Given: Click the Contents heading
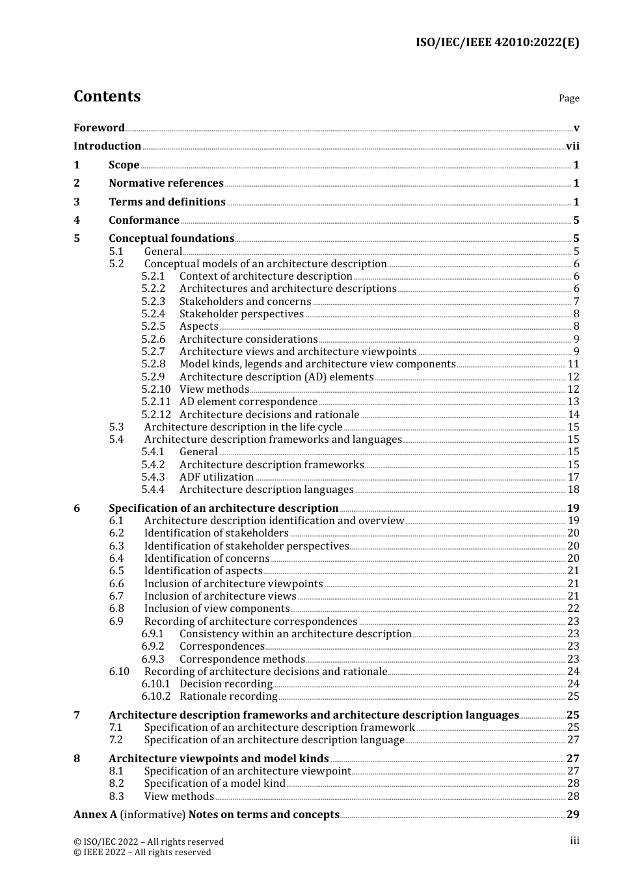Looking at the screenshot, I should (107, 96).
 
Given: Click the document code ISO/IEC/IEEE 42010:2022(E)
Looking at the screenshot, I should (497, 42).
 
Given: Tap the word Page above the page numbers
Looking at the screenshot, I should (569, 98).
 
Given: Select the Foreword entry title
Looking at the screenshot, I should (99, 127).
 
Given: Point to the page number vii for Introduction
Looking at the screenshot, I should (572, 146).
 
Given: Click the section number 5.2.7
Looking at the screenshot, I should (154, 352).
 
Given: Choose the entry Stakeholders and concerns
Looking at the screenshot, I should (245, 302).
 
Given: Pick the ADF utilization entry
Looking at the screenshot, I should (217, 477).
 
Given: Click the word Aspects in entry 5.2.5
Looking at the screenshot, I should (198, 326).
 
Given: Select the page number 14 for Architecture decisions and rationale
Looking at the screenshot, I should (573, 415).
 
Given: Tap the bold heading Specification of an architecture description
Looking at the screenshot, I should (223, 509).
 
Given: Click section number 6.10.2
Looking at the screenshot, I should (156, 696).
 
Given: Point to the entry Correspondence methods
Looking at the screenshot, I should (242, 659).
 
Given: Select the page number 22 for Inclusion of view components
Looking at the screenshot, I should (573, 609).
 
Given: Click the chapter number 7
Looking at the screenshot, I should (77, 715).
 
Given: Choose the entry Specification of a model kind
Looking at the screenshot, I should (215, 784).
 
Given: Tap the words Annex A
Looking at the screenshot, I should (95, 815).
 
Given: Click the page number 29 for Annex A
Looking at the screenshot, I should (572, 815).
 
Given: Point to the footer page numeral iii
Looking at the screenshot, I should (574, 841).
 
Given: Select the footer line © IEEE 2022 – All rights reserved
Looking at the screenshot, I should (142, 853).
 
